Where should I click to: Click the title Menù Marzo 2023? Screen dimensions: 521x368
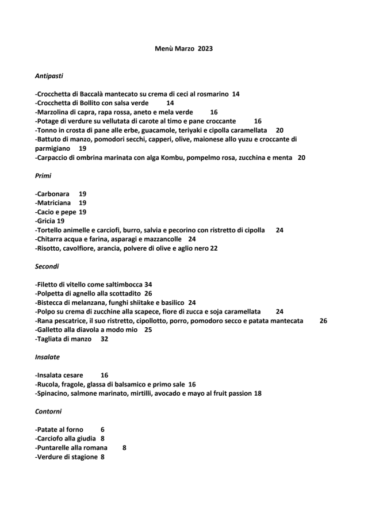184,49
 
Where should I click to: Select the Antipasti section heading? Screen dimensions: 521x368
49,75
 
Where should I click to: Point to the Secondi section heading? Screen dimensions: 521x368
47,266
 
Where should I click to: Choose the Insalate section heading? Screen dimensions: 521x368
47,357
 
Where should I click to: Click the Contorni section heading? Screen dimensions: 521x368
48,411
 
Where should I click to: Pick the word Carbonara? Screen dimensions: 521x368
53,194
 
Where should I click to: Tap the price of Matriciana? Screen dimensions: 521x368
82,203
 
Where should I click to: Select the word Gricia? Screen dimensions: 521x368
46,221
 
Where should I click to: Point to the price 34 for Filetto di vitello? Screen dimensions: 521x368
148,284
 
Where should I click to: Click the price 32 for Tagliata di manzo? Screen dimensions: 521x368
104,339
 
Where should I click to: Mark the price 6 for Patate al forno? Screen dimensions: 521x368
102,429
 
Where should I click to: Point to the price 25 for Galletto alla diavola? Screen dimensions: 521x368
148,330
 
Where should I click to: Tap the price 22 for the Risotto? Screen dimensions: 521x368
214,248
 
